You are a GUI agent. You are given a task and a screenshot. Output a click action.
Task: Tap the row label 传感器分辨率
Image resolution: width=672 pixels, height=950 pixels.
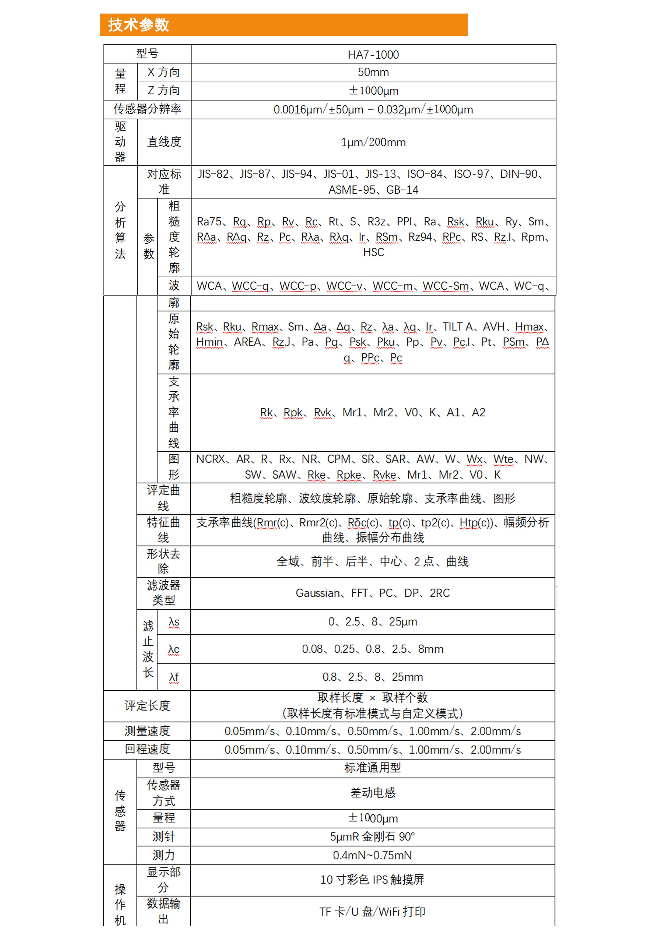tap(147, 109)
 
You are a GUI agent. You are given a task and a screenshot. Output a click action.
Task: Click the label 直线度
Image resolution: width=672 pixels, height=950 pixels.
tap(164, 142)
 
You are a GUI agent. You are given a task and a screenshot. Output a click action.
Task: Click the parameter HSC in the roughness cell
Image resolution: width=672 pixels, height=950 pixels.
tap(373, 252)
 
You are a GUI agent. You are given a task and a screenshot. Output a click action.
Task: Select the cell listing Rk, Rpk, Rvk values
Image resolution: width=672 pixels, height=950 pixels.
tap(372, 412)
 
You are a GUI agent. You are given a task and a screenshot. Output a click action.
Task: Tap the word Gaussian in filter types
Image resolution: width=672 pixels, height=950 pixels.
tap(318, 593)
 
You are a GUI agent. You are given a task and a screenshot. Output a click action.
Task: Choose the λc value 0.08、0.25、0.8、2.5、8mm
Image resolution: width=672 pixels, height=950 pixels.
tap(372, 649)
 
